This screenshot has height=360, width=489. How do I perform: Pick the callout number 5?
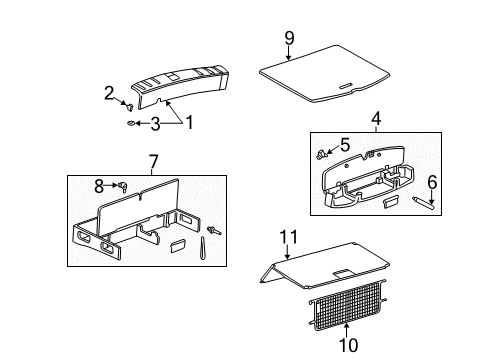click(x=346, y=145)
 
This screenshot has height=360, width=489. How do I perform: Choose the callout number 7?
click(x=153, y=161)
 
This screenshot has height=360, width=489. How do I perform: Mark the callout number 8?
click(x=98, y=185)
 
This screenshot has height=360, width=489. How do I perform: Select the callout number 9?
click(x=289, y=38)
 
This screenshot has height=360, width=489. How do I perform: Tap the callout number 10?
click(x=347, y=345)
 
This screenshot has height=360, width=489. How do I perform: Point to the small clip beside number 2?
click(x=130, y=103)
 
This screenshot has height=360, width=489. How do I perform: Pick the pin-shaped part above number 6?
click(x=424, y=204)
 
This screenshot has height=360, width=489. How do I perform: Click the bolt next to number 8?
click(x=121, y=186)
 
